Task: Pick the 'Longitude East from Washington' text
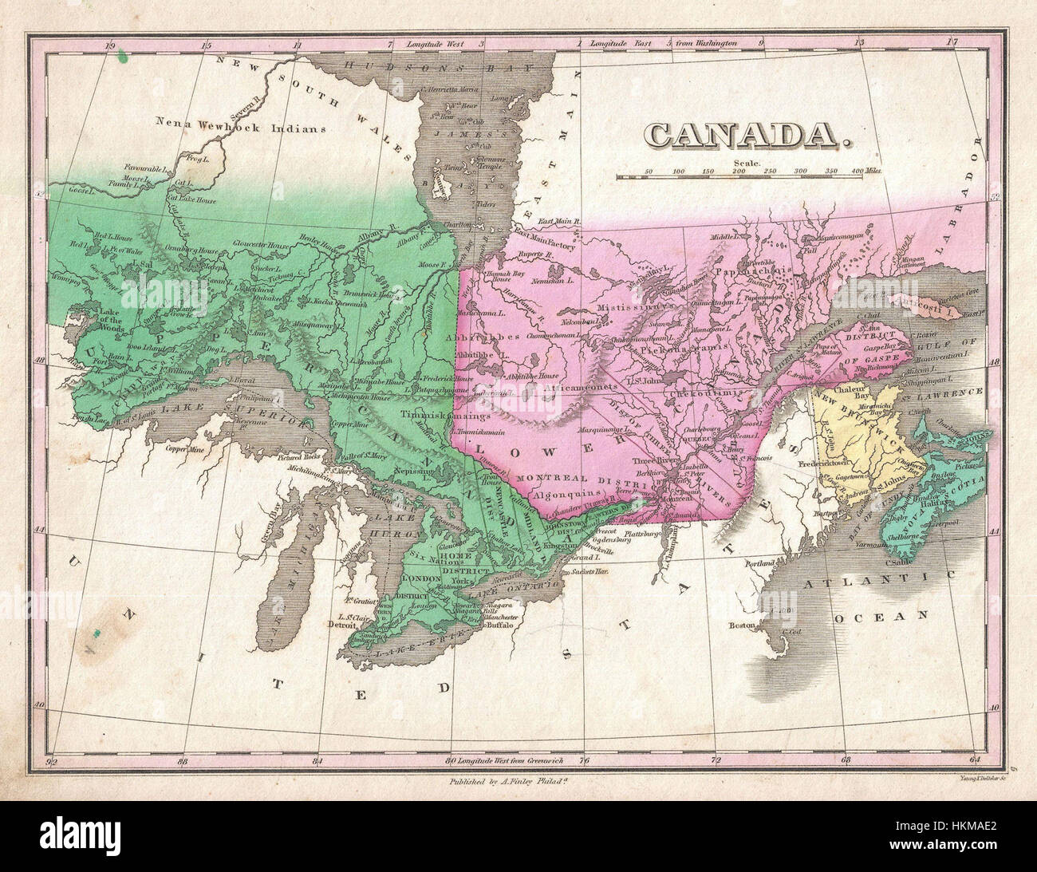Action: point(662,42)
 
